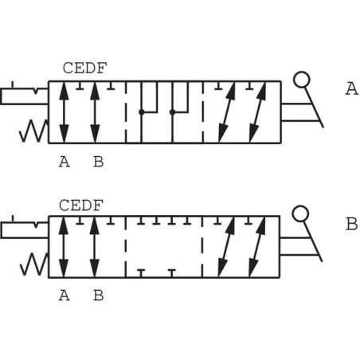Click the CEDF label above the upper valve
point(84,68)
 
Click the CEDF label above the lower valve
point(81,205)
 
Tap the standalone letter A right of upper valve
point(352,88)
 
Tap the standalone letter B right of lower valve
point(352,224)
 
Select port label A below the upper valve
point(65,162)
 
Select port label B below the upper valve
point(98,162)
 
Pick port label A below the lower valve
point(65,295)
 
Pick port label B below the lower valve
point(98,295)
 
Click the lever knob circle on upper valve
point(301,80)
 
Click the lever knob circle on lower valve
point(300,213)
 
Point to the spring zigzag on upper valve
point(34,131)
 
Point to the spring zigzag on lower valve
point(34,264)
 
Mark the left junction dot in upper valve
point(142,112)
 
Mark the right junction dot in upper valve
point(172,112)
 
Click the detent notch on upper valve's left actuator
point(36,92)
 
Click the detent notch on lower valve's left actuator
point(36,225)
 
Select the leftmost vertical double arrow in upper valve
point(64,112)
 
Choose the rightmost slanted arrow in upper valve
point(257,112)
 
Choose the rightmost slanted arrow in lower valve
point(257,247)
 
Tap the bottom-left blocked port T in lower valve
point(141,273)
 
